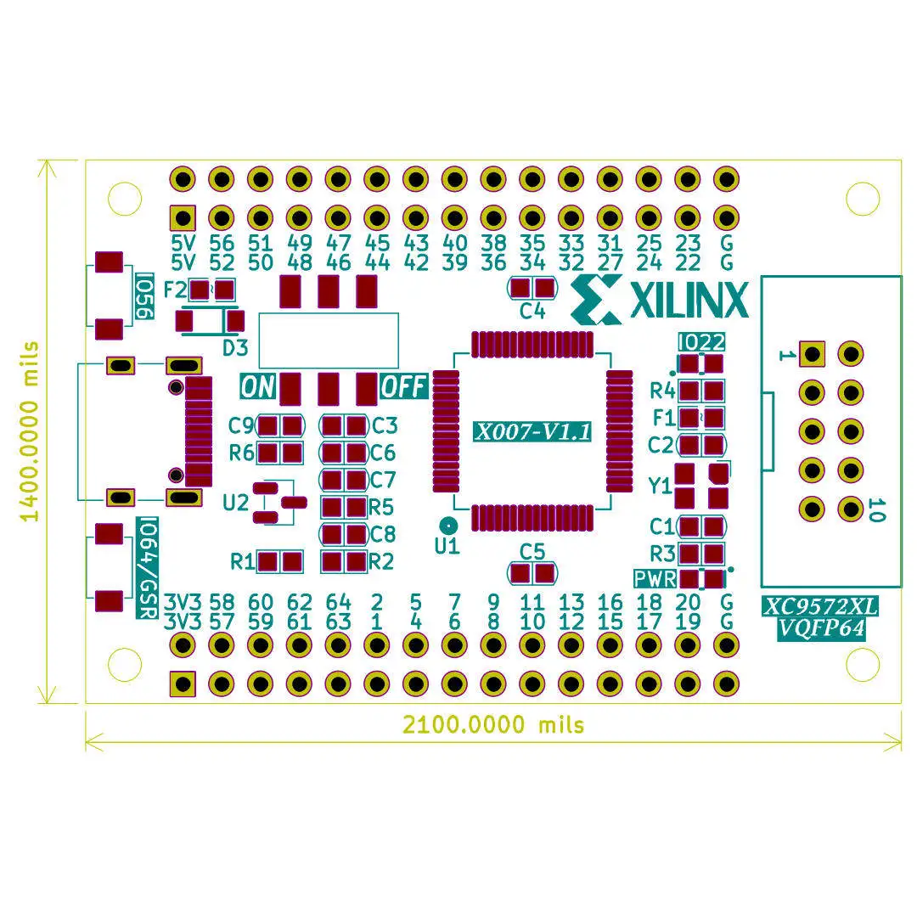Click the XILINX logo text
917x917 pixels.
pos(689,300)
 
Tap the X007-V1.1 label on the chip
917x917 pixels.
pos(532,431)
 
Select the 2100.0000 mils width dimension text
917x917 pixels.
pos(493,724)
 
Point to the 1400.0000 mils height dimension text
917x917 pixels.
pos(29,431)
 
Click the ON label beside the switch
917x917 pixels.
pos(257,387)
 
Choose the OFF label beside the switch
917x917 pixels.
pos(403,386)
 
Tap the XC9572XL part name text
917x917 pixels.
pos(821,607)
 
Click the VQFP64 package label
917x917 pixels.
pos(821,628)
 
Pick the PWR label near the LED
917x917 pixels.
pos(655,579)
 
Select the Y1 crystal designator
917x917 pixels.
pos(660,486)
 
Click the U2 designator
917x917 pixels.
pos(236,503)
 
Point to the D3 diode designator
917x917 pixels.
pos(235,348)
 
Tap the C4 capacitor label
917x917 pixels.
pos(532,311)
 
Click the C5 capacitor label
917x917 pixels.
pos(532,552)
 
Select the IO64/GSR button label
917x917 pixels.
pos(148,567)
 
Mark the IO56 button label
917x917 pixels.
pos(144,296)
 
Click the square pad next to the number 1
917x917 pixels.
pos(812,354)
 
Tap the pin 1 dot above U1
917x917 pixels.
pos(448,526)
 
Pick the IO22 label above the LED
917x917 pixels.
pos(702,342)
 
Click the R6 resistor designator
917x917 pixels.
pos(241,453)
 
